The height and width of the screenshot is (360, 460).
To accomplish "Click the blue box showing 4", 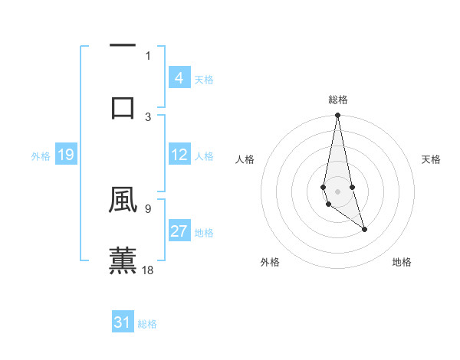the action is coord(179,78).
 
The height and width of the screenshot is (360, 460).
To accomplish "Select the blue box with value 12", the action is coord(179,155).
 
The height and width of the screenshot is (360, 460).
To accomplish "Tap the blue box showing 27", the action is coord(179,231).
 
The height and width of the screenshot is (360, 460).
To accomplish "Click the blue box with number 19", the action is coord(65,155).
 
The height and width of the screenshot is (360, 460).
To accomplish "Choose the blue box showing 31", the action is coord(123,322).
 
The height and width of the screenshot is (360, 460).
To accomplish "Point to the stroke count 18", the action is coord(149,269).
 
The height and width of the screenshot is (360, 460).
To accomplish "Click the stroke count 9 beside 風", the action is coord(148,208).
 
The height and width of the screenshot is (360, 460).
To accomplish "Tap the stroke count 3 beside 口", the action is coord(148,116).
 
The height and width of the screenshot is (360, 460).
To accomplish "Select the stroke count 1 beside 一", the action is coord(148,55).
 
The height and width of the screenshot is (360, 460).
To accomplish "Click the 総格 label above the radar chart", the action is coord(337,100).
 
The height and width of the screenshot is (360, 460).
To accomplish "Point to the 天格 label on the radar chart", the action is coord(432,159).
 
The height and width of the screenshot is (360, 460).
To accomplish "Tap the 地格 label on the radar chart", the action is coord(402,262).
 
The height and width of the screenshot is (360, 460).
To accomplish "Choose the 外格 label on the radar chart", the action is coord(270,262).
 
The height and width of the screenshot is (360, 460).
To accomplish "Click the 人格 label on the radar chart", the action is coord(245,159).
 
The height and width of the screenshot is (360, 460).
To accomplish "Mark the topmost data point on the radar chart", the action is coord(337,116).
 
